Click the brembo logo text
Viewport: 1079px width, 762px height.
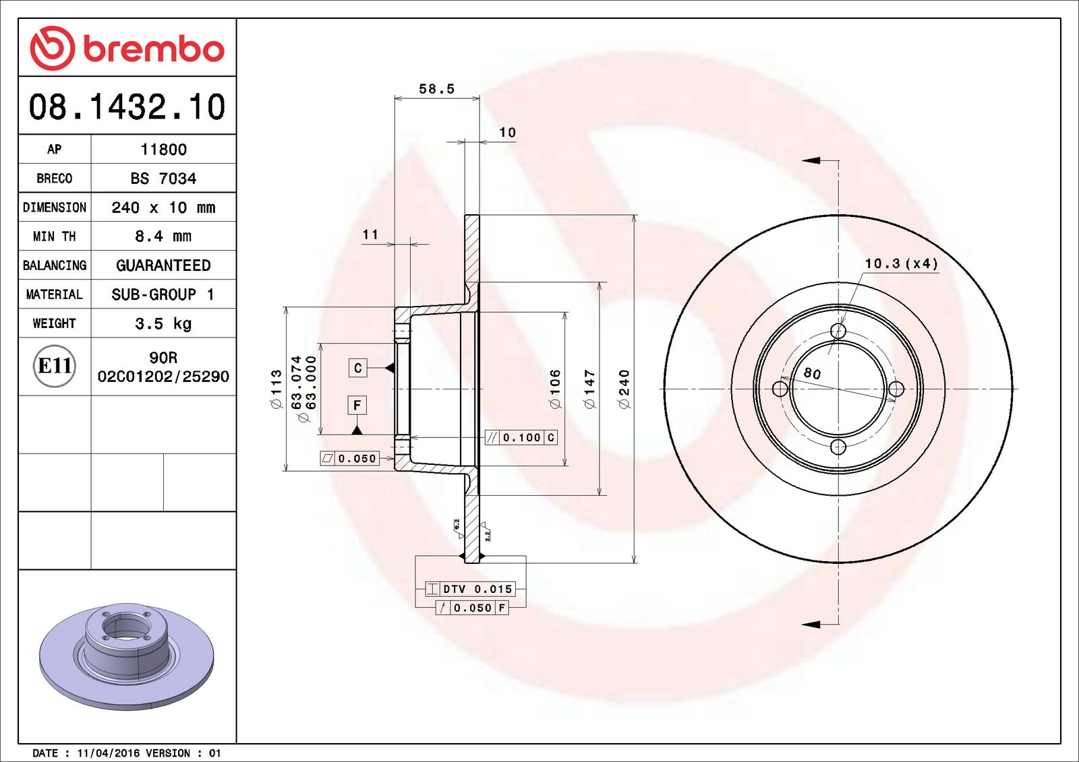[x=153, y=49]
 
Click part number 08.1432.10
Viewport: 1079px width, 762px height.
[x=127, y=107]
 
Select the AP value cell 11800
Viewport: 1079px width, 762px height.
[x=163, y=150]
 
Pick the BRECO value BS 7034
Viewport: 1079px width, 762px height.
[x=163, y=179]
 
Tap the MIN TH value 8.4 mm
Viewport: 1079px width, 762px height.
[x=163, y=236]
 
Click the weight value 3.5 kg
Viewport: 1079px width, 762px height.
[x=163, y=323]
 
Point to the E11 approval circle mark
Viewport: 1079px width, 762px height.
[x=55, y=366]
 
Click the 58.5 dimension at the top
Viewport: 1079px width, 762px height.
[x=436, y=89]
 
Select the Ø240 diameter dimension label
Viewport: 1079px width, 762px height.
[x=624, y=389]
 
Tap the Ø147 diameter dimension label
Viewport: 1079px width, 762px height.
[x=589, y=389]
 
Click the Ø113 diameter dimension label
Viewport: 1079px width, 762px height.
[x=276, y=389]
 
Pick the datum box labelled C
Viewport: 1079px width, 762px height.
[x=357, y=368]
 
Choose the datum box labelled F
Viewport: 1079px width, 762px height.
[x=357, y=405]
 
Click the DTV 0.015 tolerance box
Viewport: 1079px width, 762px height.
[x=470, y=589]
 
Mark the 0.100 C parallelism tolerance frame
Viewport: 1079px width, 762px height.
[x=521, y=437]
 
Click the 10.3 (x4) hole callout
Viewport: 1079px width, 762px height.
[x=901, y=263]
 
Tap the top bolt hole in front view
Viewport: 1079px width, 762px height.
[x=838, y=331]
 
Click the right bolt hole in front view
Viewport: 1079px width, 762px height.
[x=896, y=389]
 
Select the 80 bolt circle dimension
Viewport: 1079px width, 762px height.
[x=812, y=373]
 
